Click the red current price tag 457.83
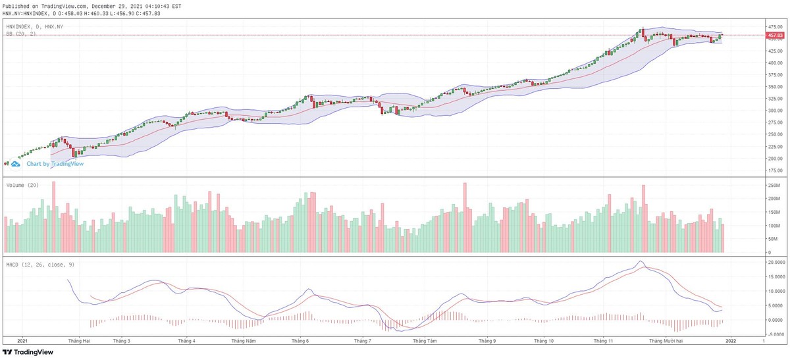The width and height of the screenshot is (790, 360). (x=774, y=35)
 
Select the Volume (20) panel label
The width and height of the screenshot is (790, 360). (x=22, y=185)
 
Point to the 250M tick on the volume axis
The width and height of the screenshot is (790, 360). (x=774, y=186)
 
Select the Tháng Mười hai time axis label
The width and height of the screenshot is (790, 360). (x=667, y=342)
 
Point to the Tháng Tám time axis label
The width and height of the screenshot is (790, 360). (x=425, y=342)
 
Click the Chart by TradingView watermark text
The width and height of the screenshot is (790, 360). (x=55, y=164)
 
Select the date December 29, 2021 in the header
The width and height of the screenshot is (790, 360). (x=128, y=6)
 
